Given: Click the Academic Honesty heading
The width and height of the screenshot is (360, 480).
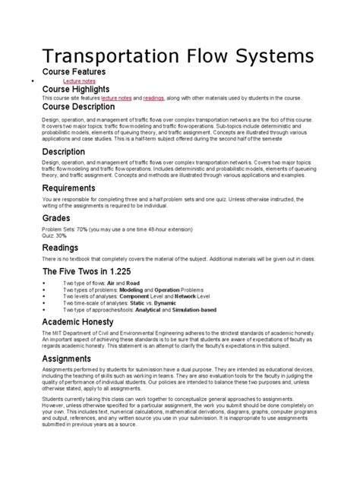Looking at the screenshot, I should coord(89,324).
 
